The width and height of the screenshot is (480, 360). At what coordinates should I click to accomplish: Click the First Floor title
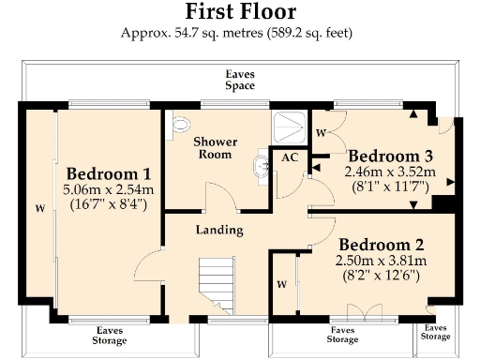[240, 12]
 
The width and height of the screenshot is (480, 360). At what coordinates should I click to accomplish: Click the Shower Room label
[215, 148]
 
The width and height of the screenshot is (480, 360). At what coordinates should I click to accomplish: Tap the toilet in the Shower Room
[181, 122]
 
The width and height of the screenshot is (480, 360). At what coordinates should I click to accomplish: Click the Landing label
[219, 230]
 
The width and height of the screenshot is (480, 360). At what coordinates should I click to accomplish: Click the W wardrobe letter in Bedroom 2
[281, 282]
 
